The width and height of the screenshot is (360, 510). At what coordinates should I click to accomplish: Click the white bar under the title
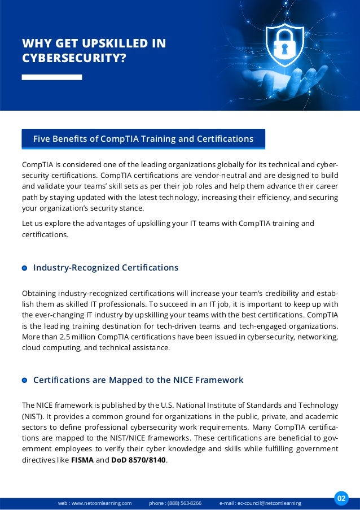point(51,77)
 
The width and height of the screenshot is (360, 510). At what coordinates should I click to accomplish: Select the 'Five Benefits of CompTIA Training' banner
point(143,138)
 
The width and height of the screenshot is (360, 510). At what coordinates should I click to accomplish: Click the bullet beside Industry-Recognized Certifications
point(24,268)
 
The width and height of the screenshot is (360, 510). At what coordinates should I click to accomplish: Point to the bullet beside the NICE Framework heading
point(24,381)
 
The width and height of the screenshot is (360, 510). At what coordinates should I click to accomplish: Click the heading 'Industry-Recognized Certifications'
point(106,268)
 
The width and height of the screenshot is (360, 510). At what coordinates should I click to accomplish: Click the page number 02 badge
point(341,498)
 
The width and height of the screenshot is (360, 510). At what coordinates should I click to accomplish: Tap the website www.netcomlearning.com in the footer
point(102,503)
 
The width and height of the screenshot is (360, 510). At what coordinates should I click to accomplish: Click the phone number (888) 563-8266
point(185,503)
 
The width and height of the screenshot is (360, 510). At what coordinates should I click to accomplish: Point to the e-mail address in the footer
point(269,503)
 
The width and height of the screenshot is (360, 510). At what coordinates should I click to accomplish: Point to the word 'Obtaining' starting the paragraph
point(41,294)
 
